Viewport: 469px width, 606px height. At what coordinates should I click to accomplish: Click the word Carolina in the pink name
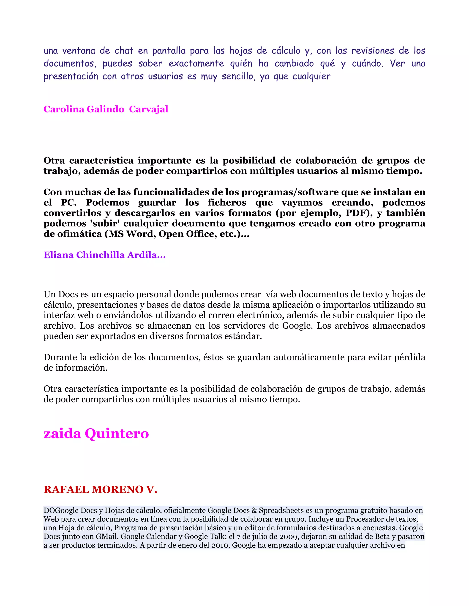pos(64,109)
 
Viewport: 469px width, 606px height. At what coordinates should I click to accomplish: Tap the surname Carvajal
pos(148,109)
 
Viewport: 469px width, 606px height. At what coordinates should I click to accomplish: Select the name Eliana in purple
pos(59,255)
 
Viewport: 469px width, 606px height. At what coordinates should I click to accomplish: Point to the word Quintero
pos(117,433)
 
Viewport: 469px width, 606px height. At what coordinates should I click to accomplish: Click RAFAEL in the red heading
pos(66,489)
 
